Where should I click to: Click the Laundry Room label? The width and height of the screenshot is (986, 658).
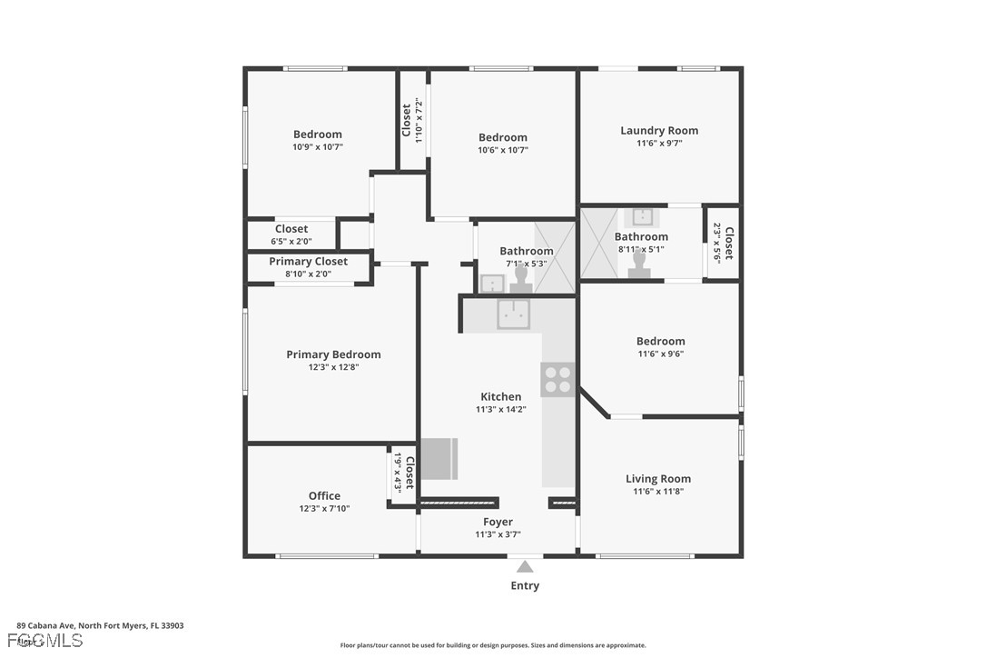point(659,131)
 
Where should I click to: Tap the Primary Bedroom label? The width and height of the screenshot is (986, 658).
point(333,354)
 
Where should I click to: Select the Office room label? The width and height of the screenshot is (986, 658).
point(324,495)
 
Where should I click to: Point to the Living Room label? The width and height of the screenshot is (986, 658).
point(658,479)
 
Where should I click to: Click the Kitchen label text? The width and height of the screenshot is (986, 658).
point(500,396)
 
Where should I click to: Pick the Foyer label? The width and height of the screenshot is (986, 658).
point(498,522)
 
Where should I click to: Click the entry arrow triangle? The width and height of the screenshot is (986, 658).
point(525,566)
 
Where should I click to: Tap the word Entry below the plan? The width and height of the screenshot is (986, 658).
point(525,586)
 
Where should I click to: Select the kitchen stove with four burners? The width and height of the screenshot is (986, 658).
point(557,379)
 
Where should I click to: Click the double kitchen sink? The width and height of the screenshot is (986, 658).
point(513,314)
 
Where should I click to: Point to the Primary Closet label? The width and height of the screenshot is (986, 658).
point(308,262)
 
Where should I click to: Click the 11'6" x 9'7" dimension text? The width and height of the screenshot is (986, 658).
point(659,144)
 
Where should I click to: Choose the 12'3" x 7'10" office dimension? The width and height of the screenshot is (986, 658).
point(324,509)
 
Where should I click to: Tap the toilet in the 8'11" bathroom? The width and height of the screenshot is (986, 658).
point(639,264)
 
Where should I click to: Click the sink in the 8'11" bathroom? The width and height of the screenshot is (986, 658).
point(643,216)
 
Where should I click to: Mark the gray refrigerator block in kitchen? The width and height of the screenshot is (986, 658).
point(439,459)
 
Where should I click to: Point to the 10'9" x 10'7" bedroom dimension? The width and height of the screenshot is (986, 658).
point(318,147)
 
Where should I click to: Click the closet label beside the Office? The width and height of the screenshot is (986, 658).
point(409,473)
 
